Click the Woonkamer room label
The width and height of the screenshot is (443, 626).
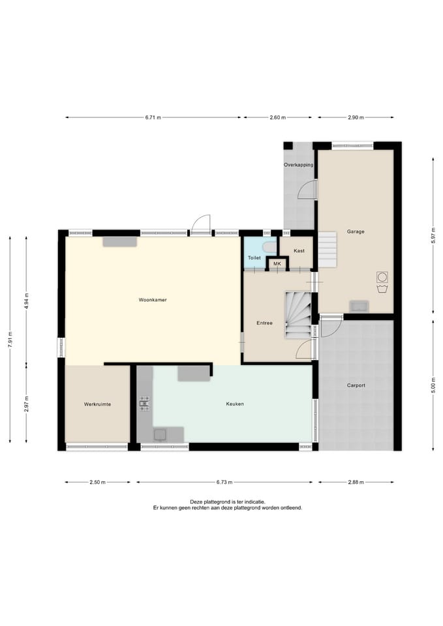coord(153,300)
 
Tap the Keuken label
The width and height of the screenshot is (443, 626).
coord(235,404)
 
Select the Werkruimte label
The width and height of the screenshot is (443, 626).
coord(97,404)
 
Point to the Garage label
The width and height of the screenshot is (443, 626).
coord(356,231)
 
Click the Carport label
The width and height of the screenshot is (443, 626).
coord(356,385)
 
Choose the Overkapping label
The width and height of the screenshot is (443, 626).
coord(298,165)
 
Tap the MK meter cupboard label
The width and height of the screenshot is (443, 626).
coord(277,264)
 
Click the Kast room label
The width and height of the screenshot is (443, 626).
coord(299,250)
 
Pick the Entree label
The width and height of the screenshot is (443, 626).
coord(264,323)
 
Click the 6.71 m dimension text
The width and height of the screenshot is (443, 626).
coord(153,118)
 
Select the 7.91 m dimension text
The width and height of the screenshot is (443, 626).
coord(10,340)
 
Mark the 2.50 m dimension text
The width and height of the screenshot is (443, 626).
coord(97,483)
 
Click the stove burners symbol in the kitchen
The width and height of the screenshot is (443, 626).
coord(144,404)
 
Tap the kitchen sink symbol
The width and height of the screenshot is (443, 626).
coord(160,434)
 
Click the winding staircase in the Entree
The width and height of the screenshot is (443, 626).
coord(298,315)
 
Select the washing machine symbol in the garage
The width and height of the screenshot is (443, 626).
coord(382,276)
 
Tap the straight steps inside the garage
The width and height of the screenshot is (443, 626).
coord(328,250)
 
